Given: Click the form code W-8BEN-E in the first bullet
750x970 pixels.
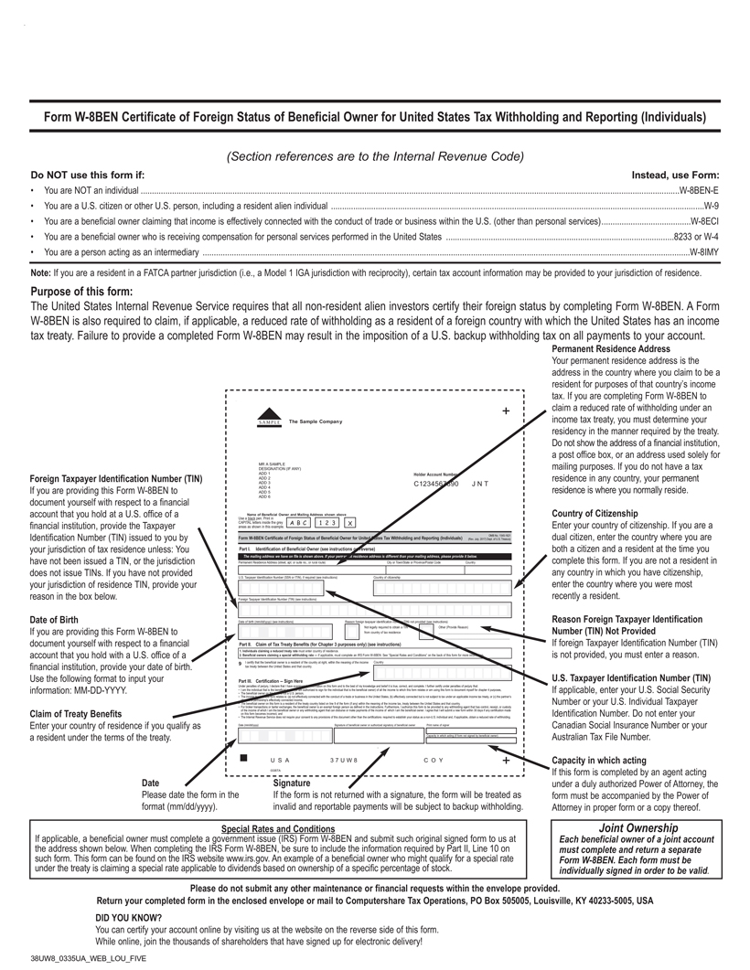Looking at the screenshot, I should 699,190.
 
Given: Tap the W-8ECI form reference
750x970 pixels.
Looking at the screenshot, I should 704,221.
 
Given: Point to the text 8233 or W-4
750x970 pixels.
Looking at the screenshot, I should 696,236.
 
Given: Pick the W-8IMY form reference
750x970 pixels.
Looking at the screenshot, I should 703,251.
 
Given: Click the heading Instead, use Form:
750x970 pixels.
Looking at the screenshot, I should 675,174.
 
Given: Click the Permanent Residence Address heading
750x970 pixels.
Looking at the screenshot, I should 611,349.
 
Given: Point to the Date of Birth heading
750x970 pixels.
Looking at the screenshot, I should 56,619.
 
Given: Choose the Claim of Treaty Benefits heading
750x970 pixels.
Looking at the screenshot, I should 76,713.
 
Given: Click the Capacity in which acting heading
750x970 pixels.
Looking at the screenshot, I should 599,760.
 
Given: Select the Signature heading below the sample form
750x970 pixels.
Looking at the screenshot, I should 293,783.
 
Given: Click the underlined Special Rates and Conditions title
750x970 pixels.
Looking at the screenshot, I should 277,828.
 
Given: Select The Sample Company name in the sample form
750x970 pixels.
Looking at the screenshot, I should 315,421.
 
